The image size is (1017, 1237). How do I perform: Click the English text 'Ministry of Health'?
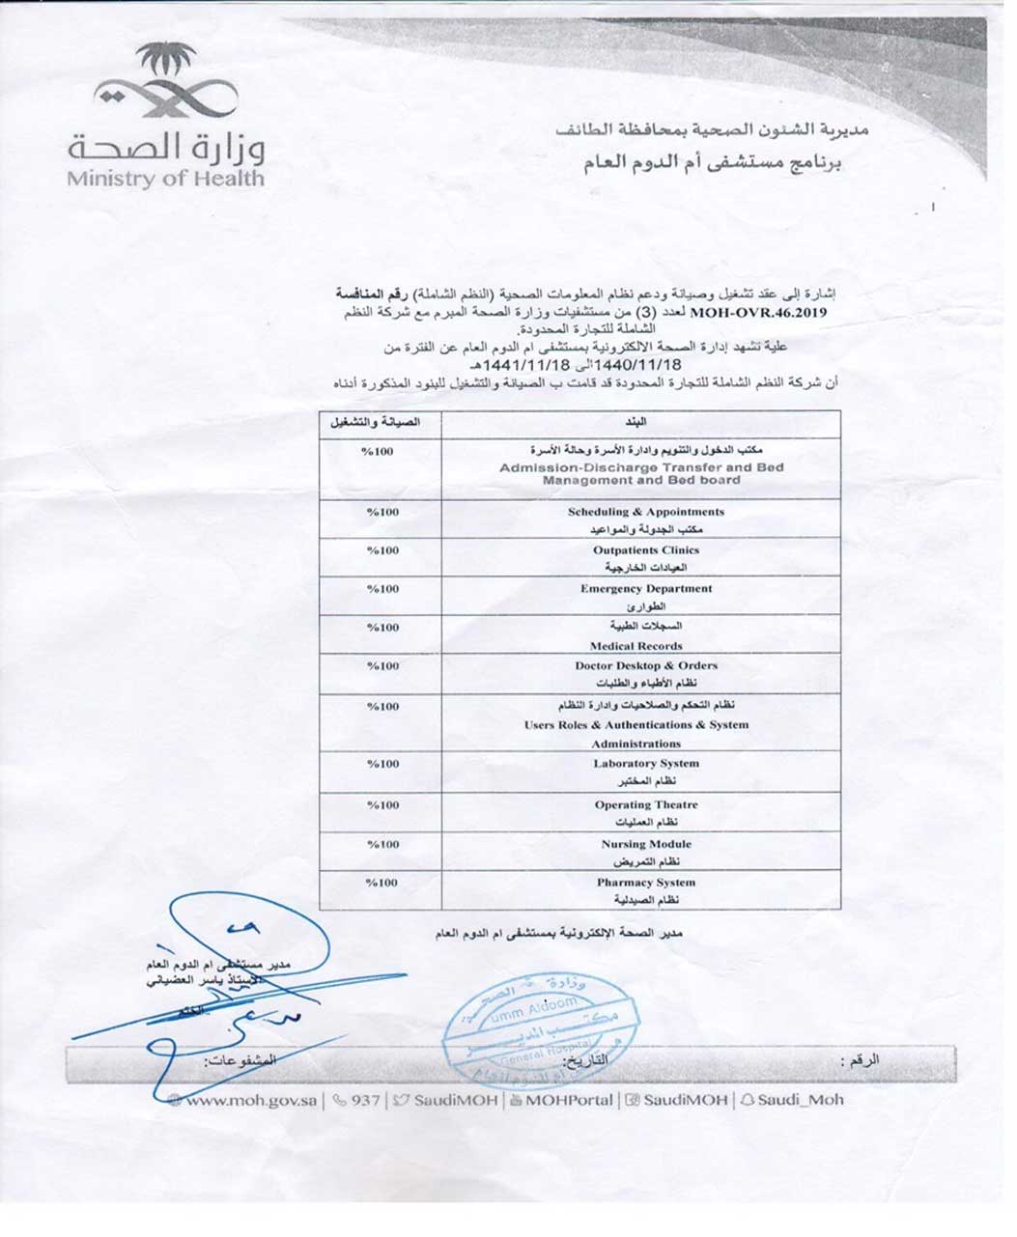point(165,178)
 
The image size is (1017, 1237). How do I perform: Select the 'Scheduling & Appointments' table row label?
point(645,512)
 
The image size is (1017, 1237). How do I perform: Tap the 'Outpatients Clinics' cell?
point(645,549)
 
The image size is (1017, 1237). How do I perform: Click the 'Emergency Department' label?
point(645,588)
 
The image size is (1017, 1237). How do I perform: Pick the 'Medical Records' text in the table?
point(636,646)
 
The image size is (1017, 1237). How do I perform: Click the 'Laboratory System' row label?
point(645,763)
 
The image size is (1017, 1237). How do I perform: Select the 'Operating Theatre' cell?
point(645,804)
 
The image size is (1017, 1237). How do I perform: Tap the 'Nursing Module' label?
point(645,843)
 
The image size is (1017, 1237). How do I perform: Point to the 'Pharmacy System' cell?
point(645,882)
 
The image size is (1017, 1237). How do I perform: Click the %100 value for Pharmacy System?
point(381,882)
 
